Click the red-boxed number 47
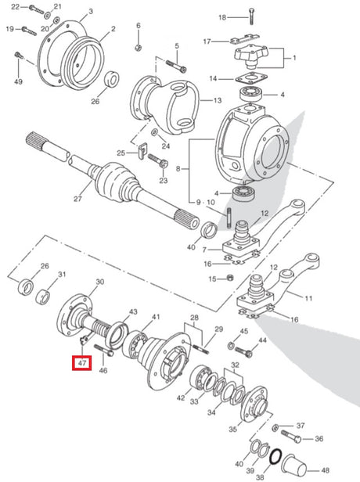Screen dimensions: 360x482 click(81, 363)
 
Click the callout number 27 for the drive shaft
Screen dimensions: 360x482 click(77, 199)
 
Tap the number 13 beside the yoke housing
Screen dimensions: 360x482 click(218, 100)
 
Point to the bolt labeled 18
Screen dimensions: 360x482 click(251, 16)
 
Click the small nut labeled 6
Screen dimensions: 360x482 click(138, 48)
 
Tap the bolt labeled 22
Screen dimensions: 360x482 click(37, 9)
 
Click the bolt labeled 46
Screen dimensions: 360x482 click(104, 350)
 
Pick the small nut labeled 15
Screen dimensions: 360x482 click(229, 278)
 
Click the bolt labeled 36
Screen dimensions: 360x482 click(291, 436)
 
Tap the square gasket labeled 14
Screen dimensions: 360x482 click(251, 77)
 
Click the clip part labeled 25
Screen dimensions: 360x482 click(142, 150)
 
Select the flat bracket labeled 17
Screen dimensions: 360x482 click(244, 39)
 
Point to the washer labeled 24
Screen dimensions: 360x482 click(153, 132)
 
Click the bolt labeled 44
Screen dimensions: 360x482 click(244, 351)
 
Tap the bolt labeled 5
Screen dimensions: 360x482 click(176, 66)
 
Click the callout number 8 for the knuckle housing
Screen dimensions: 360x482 click(178, 169)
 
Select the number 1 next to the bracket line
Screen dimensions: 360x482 click(294, 57)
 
